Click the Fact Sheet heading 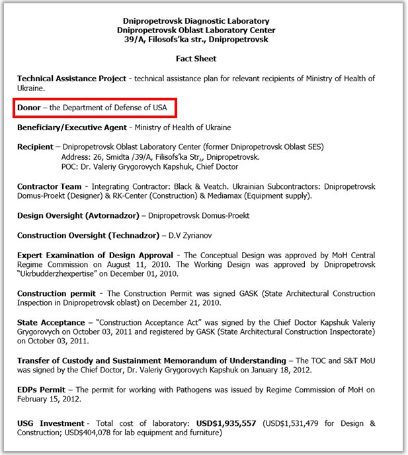click(196, 59)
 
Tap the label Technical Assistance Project click(71, 79)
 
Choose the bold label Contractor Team click(50, 187)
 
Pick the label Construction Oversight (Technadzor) click(88, 235)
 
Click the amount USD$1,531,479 click(296, 423)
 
